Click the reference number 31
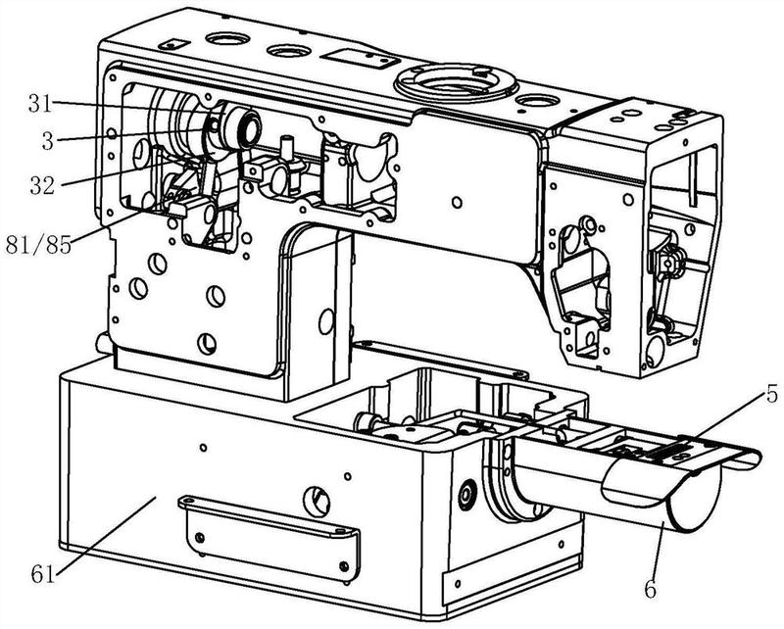[40, 104]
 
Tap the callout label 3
[47, 141]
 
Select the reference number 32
[42, 185]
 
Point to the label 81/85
[38, 245]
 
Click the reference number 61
[42, 573]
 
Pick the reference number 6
[650, 590]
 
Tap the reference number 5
[772, 395]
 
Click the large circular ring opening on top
[456, 81]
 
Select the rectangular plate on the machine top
[360, 59]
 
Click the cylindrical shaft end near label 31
[249, 127]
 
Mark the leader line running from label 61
[106, 535]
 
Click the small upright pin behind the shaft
[287, 148]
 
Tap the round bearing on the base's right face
[468, 493]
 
